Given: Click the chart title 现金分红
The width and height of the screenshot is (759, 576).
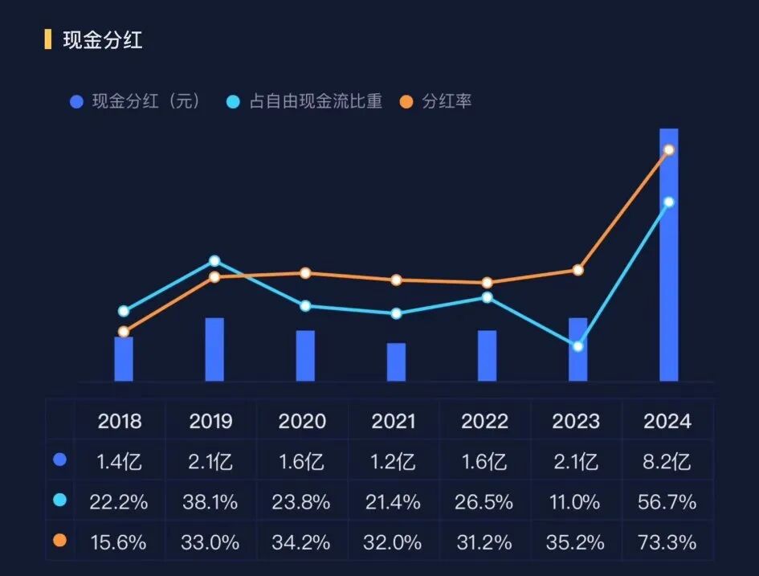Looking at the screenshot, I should pyautogui.click(x=102, y=40).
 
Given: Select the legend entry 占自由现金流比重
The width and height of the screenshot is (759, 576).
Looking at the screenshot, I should pyautogui.click(x=315, y=102).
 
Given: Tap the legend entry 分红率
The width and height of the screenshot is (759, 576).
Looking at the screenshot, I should pyautogui.click(x=446, y=102).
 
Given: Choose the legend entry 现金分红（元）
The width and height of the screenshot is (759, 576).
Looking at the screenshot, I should pyautogui.click(x=145, y=102).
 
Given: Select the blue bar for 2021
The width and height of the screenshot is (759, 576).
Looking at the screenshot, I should pyautogui.click(x=396, y=362).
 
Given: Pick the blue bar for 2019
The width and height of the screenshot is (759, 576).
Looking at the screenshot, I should pyautogui.click(x=214, y=349).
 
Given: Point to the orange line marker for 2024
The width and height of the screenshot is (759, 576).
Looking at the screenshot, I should pyautogui.click(x=668, y=150).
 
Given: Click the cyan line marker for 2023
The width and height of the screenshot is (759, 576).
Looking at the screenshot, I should pyautogui.click(x=577, y=346).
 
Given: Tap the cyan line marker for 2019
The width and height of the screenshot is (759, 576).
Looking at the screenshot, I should pyautogui.click(x=214, y=261).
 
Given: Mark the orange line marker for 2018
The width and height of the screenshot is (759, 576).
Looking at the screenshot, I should pyautogui.click(x=124, y=331).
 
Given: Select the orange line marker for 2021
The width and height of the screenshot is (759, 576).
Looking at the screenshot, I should pyautogui.click(x=396, y=280).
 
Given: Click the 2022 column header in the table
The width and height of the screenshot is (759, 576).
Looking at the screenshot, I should pyautogui.click(x=485, y=421).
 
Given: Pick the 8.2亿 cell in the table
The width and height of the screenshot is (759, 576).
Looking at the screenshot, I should pyautogui.click(x=667, y=462).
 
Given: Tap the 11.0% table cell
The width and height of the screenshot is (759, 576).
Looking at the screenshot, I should pyautogui.click(x=577, y=503).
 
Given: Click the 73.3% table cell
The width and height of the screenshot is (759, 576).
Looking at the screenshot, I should pyautogui.click(x=667, y=543).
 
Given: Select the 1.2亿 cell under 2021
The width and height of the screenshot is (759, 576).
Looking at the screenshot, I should pyautogui.click(x=394, y=462).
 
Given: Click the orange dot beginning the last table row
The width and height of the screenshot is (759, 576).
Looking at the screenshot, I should pyautogui.click(x=59, y=541).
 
